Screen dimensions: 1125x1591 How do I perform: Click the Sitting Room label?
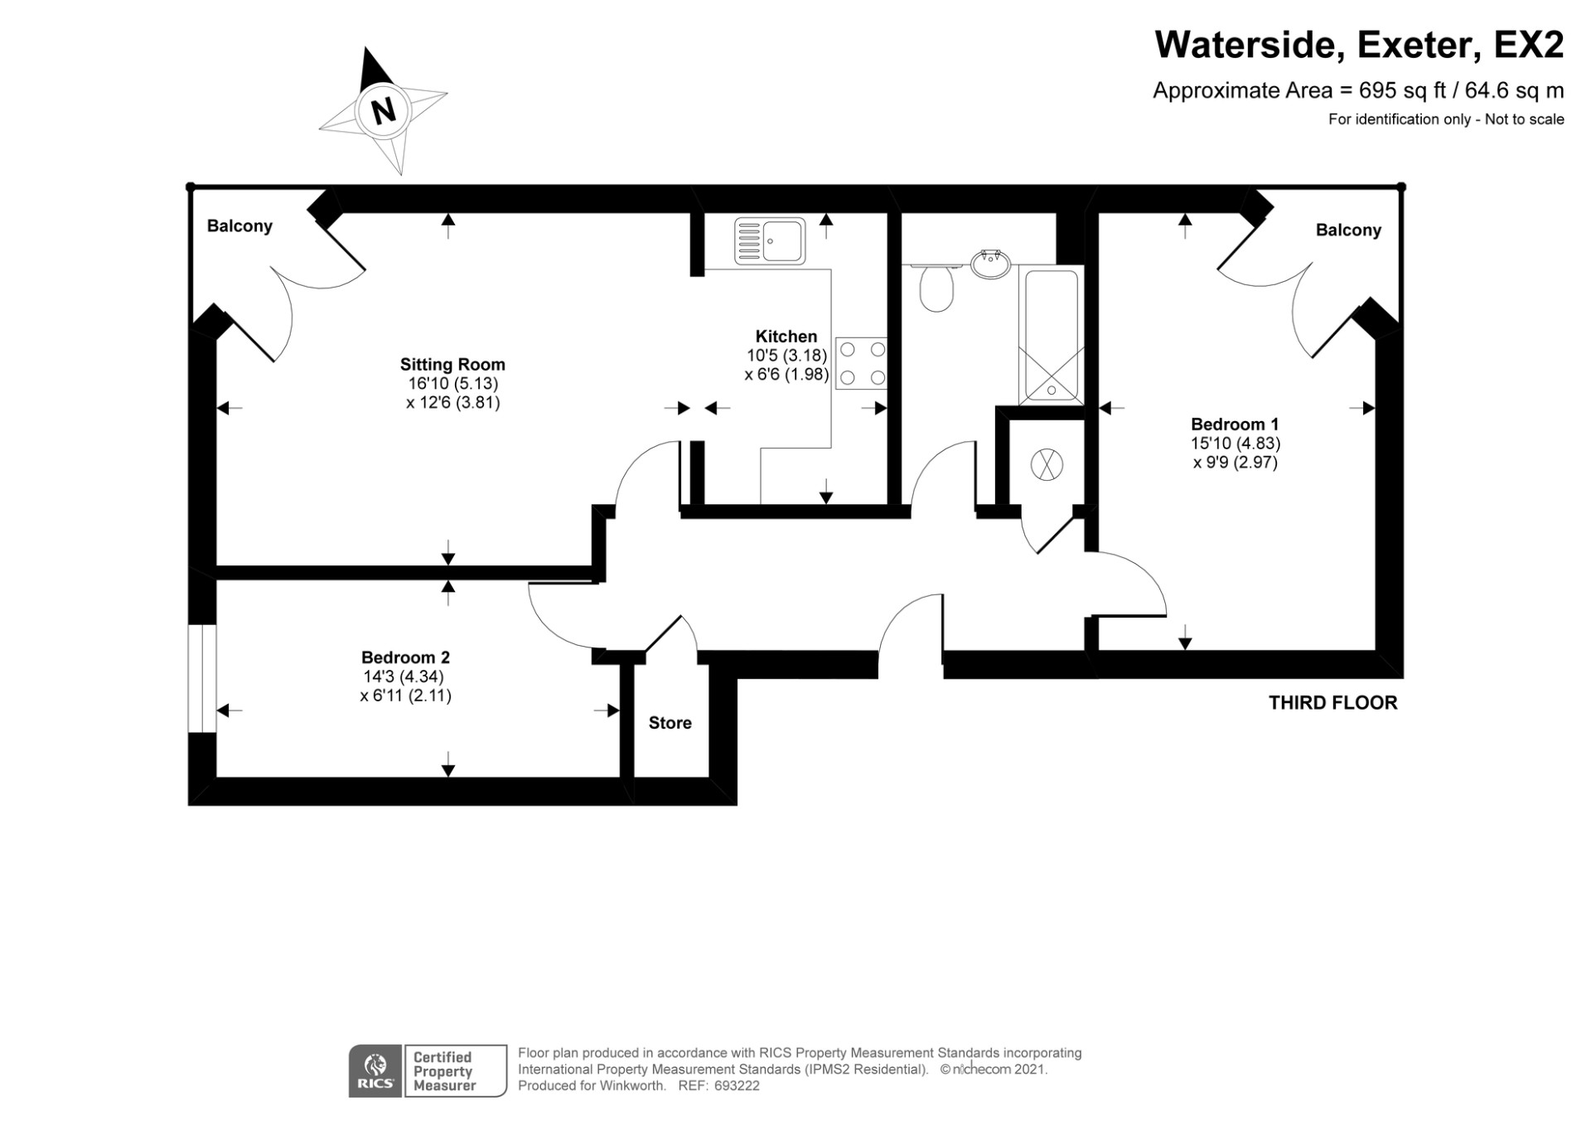coord(452,364)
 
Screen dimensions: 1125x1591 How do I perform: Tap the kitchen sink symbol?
coord(770,241)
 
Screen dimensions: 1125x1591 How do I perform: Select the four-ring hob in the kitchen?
coord(861,363)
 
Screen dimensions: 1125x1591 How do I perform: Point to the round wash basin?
coord(990,264)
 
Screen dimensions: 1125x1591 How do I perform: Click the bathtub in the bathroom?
coord(1051,335)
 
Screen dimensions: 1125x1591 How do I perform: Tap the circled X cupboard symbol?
coord(1047,464)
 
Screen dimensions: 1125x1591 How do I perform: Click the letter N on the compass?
coord(383,110)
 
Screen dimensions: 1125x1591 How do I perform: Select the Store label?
coord(670,723)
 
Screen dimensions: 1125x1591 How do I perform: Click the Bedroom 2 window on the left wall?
coord(202,678)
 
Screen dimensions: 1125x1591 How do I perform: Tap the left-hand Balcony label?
coord(239,226)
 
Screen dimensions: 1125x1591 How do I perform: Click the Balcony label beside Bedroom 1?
coord(1348,230)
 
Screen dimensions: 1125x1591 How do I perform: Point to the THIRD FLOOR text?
coord(1332,703)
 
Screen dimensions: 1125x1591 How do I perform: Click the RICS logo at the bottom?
coord(375,1071)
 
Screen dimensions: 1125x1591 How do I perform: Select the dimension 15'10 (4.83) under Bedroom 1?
coord(1235,444)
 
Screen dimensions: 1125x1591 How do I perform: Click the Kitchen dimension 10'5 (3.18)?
coord(786,356)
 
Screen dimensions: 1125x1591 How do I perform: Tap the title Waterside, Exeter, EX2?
coord(1359,45)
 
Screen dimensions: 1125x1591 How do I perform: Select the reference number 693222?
coord(737,1086)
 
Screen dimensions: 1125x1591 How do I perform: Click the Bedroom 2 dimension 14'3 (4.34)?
coord(405,676)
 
